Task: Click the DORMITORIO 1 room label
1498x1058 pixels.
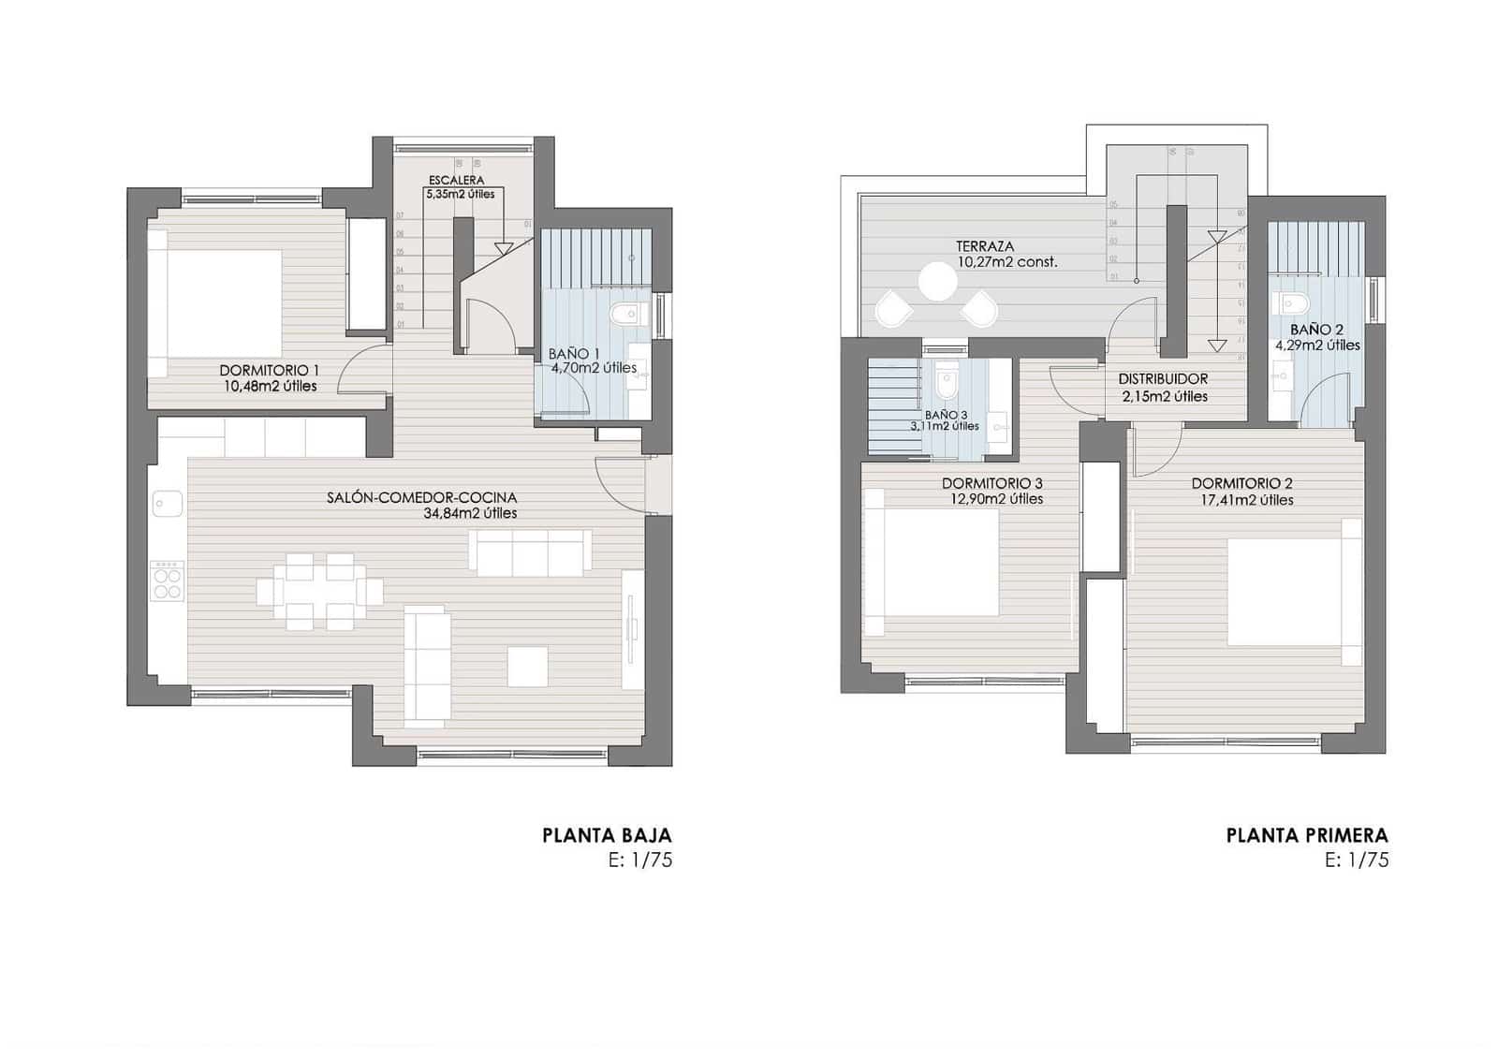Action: click(269, 371)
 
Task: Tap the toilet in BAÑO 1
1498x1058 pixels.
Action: click(623, 314)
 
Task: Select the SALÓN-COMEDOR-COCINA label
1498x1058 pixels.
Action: click(421, 498)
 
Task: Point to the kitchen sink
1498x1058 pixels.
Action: click(168, 504)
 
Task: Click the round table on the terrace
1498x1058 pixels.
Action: click(935, 281)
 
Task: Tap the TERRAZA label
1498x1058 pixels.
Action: click(985, 246)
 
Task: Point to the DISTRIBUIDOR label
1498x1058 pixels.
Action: click(1163, 379)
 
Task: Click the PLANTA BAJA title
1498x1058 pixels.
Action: click(607, 835)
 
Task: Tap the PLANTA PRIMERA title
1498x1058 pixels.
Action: click(1307, 835)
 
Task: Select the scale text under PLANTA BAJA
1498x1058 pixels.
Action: click(640, 860)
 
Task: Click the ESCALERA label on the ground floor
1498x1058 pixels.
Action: click(456, 180)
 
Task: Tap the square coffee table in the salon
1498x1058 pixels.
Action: click(528, 666)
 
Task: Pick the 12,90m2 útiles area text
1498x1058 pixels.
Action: click(996, 499)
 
